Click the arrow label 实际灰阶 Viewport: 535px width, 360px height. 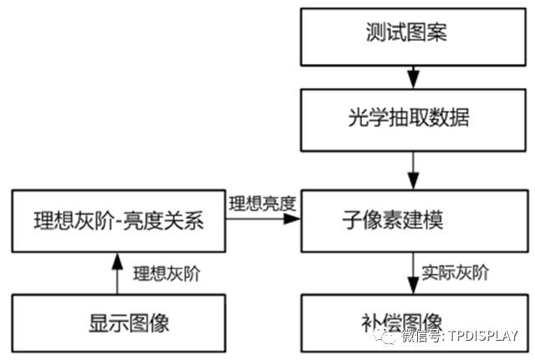click(x=456, y=272)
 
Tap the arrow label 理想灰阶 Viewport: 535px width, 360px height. click(x=167, y=272)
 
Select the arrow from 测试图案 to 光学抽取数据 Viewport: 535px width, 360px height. click(x=411, y=77)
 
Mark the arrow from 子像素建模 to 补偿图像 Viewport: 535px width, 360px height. click(x=411, y=272)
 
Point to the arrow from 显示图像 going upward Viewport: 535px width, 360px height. click(x=117, y=272)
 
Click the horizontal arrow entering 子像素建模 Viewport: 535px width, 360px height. click(x=263, y=219)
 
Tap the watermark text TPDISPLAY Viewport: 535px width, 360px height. click(x=483, y=337)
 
